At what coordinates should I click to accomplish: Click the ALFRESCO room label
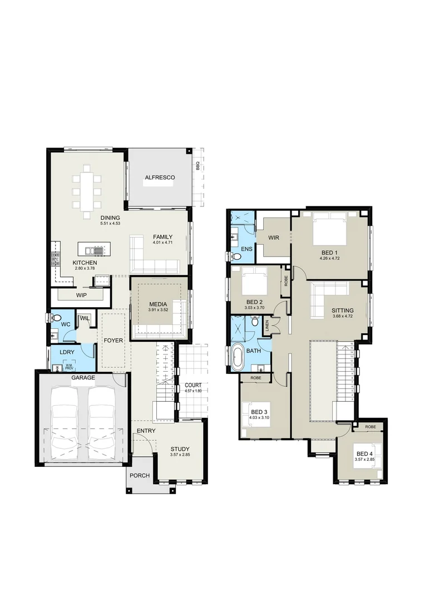tap(160, 178)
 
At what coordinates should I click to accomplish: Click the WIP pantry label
tap(81, 295)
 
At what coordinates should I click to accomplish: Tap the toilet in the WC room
tap(56, 318)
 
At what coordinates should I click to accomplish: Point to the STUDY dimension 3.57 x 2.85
tap(180, 455)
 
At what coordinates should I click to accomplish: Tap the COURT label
tap(193, 385)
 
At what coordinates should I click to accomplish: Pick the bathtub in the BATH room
tap(237, 358)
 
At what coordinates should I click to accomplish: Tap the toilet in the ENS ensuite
tap(236, 257)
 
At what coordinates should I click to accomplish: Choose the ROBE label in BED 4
tap(371, 426)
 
